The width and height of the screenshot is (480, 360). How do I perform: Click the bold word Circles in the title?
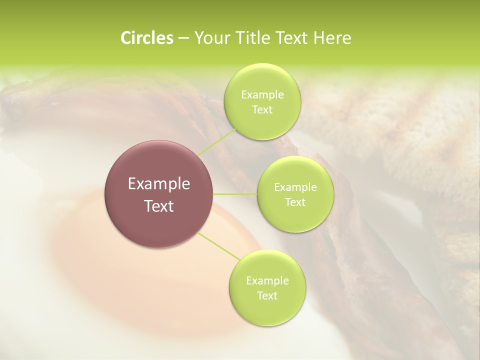click(146, 38)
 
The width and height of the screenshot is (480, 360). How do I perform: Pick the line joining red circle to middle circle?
click(235, 194)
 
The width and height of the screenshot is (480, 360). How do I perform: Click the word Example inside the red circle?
click(159, 184)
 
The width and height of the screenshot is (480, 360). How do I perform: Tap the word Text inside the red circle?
click(159, 206)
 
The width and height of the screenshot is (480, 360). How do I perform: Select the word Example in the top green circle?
click(262, 95)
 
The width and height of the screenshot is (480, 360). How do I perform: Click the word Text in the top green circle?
click(262, 110)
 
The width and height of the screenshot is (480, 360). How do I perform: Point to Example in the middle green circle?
click(295, 187)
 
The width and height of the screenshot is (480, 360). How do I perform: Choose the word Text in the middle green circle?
click(295, 202)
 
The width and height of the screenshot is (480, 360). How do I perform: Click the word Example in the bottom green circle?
click(267, 281)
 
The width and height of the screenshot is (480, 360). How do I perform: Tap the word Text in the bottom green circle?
click(267, 296)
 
